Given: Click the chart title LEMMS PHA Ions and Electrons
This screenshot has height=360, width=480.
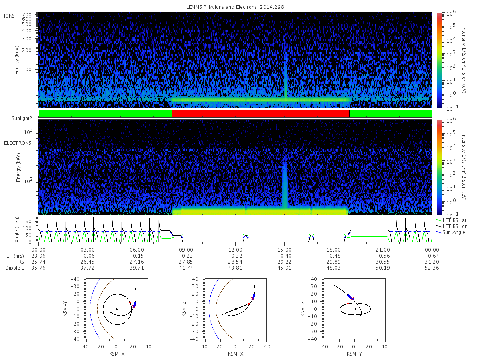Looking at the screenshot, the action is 221,7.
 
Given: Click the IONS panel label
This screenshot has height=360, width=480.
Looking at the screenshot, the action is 9,16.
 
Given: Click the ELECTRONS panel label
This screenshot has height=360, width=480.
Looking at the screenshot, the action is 18,143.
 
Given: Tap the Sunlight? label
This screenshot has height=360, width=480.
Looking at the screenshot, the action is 22,118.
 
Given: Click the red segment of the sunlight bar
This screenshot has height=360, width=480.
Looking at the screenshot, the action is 260,114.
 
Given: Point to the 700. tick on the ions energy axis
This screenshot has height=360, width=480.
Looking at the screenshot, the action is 27,15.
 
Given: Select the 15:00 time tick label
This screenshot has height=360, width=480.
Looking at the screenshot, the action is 284,250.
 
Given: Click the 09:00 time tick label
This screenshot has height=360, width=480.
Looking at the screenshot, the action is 186,250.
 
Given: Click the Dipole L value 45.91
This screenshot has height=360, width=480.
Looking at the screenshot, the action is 284,268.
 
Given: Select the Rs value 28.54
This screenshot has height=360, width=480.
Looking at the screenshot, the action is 235,262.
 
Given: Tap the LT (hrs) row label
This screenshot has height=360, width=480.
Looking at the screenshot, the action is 15,256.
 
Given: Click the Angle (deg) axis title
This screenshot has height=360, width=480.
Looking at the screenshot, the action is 17,230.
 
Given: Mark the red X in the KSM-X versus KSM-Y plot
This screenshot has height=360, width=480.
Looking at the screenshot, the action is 134,307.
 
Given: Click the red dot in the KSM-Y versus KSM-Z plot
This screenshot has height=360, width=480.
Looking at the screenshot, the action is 348,304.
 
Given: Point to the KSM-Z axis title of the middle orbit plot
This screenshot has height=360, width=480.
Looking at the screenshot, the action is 184,309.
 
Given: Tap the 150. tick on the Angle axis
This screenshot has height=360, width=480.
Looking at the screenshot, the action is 28,222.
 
